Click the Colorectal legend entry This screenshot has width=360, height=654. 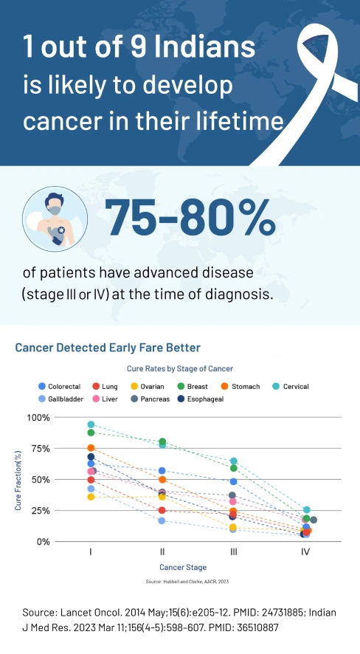click(x=63, y=386)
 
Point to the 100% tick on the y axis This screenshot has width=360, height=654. click(x=38, y=417)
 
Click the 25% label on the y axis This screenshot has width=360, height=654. click(x=41, y=511)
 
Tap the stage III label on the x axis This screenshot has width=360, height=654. click(x=233, y=551)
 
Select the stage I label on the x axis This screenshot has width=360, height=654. click(x=91, y=551)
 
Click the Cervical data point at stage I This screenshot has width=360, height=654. click(x=91, y=424)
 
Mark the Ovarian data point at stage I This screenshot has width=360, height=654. click(x=91, y=497)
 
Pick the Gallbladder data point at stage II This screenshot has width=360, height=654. click(x=162, y=520)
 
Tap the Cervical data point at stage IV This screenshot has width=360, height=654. click(x=306, y=510)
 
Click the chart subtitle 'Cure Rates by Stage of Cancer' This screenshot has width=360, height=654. click(x=179, y=368)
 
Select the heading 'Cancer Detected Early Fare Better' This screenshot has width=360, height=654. click(x=108, y=347)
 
